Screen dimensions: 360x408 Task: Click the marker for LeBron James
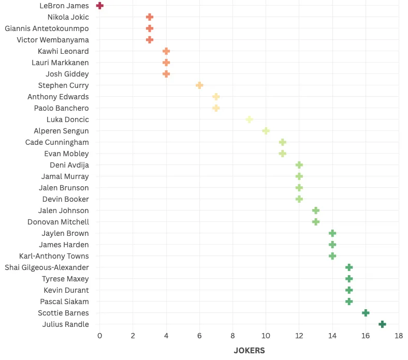pos(100,6)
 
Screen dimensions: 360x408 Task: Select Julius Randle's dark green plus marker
pos(382,324)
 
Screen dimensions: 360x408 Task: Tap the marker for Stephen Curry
pos(199,85)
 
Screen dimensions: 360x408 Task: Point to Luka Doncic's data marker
pos(249,119)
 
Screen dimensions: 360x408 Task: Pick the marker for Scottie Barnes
pos(366,313)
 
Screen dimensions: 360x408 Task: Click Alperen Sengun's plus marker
pos(266,131)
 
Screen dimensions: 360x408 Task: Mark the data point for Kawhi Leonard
pos(166,51)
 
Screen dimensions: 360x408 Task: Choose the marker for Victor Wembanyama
pos(150,40)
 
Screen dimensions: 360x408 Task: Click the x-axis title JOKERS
pos(249,351)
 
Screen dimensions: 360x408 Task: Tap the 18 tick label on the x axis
pos(399,336)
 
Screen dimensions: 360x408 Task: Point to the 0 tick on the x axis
pos(100,336)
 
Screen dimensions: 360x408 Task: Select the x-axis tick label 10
pos(266,336)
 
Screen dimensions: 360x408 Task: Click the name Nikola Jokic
pos(68,17)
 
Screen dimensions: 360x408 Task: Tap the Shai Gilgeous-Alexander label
pos(47,267)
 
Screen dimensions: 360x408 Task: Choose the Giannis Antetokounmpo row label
pos(47,28)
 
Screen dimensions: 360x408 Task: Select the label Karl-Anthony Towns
pos(54,256)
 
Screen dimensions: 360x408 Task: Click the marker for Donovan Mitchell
pos(316,222)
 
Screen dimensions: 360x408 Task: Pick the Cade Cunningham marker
pos(282,142)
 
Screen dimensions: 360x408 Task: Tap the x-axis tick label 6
pos(199,336)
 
